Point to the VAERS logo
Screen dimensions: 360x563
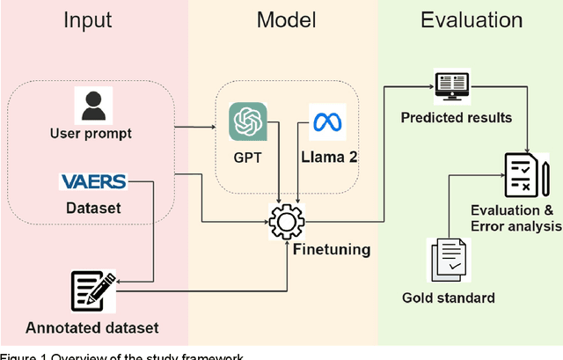click(92, 182)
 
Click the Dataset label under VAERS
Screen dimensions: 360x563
click(93, 209)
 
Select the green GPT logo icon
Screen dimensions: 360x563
click(246, 121)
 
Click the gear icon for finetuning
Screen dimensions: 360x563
click(286, 224)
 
